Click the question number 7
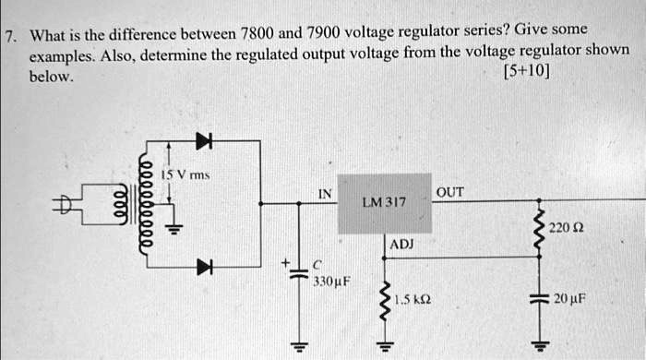(9, 38)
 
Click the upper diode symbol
(202, 140)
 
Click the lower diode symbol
(202, 267)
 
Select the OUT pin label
(450, 192)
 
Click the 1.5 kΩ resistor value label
(411, 300)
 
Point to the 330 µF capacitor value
(329, 279)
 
